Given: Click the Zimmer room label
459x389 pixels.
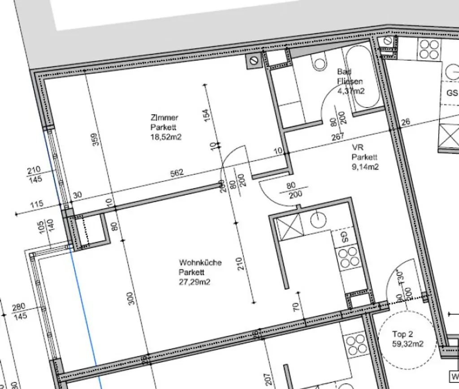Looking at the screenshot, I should (165, 118).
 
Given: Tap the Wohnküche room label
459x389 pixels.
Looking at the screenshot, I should (200, 263).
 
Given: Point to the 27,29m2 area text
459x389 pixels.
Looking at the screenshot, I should (195, 282).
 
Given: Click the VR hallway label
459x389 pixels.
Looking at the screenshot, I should (357, 148).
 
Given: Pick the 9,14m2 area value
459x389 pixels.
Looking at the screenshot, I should (365, 167).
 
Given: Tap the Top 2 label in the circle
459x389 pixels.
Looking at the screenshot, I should (402, 334).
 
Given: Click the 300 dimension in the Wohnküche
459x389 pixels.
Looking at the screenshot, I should (130, 299).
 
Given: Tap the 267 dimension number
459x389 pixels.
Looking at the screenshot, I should (338, 137).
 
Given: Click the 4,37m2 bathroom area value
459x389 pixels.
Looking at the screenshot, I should (351, 91).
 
